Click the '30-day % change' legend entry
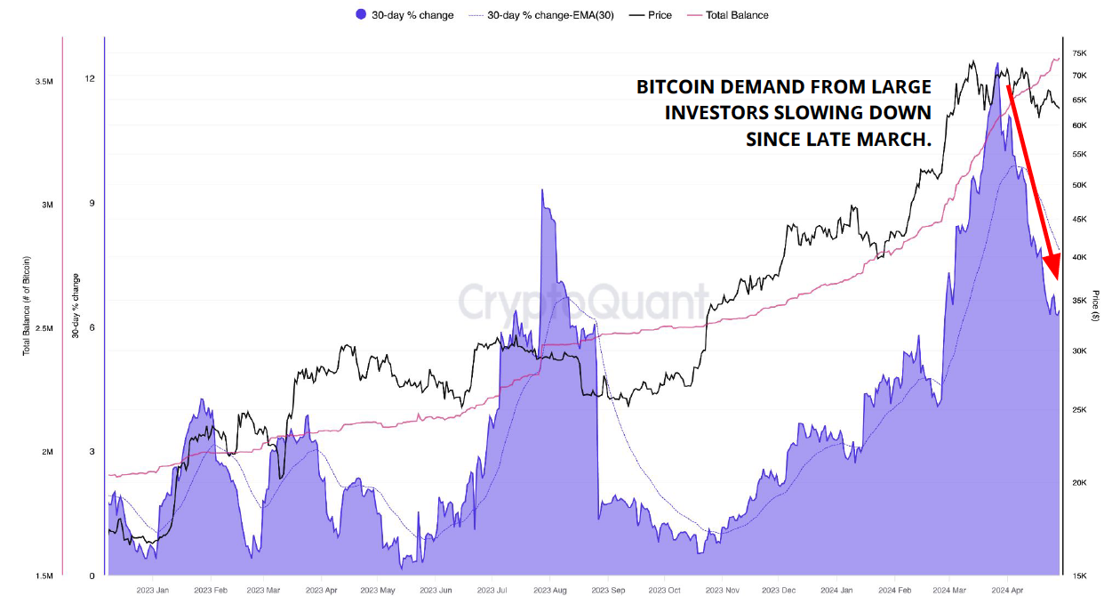[404, 15]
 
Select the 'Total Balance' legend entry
[728, 15]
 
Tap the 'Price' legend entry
[651, 15]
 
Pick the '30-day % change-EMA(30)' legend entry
[541, 15]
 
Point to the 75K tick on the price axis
[1079, 53]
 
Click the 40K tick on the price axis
[1079, 257]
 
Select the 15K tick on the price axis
[1079, 576]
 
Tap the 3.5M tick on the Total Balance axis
[44, 82]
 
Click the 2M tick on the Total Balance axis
[47, 452]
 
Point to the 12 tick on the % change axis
[90, 78]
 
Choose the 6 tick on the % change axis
[92, 327]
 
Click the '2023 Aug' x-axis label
[550, 590]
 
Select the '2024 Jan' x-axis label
[836, 590]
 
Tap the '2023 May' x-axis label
[378, 590]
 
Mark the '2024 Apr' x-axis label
[1007, 590]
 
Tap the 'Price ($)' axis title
[1096, 306]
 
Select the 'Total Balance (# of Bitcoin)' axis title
[27, 306]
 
